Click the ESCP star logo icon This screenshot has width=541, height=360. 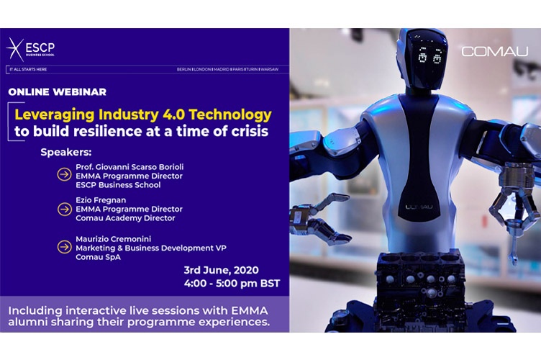[x=15, y=48]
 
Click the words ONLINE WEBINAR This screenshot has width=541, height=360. [x=57, y=91]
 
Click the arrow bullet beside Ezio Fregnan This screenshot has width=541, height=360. [x=64, y=209]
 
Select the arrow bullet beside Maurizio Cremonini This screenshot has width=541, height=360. [x=64, y=247]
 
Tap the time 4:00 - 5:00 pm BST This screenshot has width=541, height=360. [x=232, y=284]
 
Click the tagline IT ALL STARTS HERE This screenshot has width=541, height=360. [x=28, y=69]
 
